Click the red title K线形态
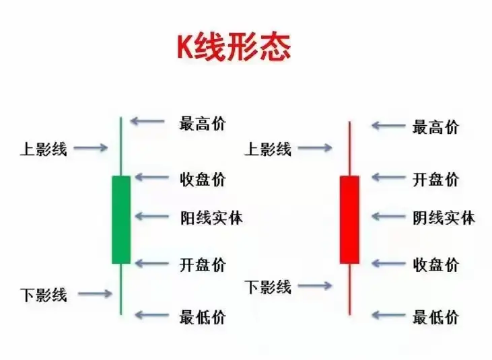coord(234,48)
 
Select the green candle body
coord(121,219)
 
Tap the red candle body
coord(349,219)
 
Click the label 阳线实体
coord(211,217)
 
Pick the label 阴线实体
coord(444,217)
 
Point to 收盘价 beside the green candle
coord(203,179)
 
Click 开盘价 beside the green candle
coord(203,264)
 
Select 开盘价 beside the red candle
coord(435,179)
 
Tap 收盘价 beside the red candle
coord(435,264)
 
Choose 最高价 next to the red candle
coord(435,126)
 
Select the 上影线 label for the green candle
coord(44,149)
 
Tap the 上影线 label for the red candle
coord(268,149)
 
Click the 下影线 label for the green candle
coord(44,294)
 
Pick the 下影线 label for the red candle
coord(268,287)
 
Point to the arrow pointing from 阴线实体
coord(386,217)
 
